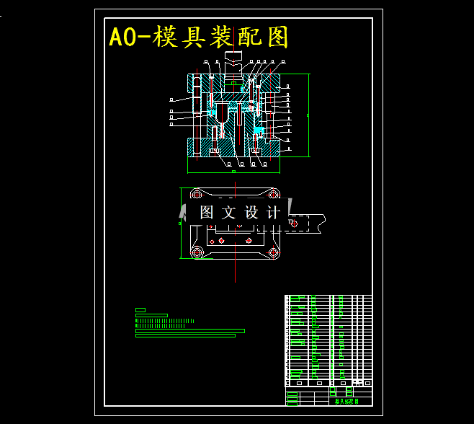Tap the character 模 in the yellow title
coord(160,37)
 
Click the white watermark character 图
coord(207,213)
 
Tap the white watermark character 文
coord(228,213)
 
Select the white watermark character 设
coord(251,213)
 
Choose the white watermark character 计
coord(273,213)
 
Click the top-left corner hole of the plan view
coord(197,194)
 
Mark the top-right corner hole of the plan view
coord(274,194)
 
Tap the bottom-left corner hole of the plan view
coord(197,252)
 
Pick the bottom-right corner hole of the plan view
coord(274,252)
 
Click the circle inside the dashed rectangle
coord(293,224)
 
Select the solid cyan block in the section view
coord(259,130)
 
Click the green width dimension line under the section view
coord(233,172)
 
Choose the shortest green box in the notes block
coord(140,310)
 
